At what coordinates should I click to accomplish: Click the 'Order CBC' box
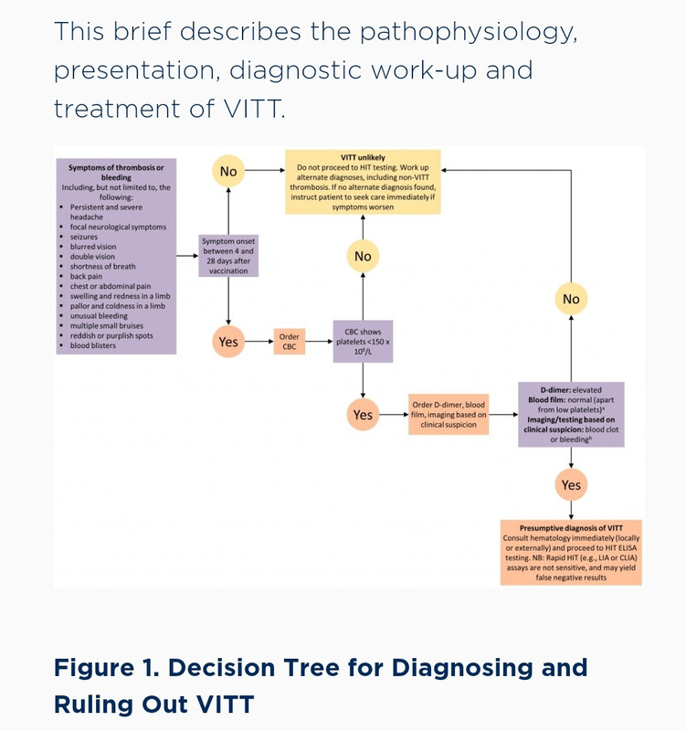290,342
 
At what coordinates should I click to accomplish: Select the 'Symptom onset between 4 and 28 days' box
228,256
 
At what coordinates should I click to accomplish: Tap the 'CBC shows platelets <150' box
363,341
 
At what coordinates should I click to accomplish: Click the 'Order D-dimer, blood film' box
449,415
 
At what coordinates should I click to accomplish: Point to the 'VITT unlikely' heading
363,157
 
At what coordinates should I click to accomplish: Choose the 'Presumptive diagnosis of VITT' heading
571,528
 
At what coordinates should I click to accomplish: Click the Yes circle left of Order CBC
228,342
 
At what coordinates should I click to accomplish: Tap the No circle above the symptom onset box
228,171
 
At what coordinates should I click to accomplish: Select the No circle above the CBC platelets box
363,256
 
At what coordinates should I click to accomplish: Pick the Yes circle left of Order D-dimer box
363,415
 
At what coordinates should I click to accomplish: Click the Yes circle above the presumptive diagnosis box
571,485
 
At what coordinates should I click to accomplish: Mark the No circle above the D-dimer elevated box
571,299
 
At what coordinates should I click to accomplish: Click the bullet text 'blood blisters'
93,345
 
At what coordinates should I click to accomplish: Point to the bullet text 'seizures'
84,237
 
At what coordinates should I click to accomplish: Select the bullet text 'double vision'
92,257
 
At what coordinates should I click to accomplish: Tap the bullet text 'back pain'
86,276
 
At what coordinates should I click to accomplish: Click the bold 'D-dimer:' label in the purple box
555,390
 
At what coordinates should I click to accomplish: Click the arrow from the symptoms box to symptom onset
187,256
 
